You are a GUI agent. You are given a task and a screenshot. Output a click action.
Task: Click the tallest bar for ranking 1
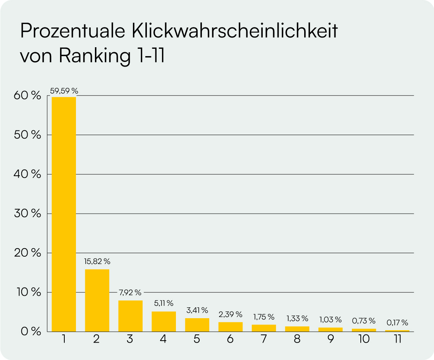point(64,214)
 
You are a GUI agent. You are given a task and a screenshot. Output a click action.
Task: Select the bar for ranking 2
point(97,300)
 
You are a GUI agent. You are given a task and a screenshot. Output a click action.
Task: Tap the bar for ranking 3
point(130,316)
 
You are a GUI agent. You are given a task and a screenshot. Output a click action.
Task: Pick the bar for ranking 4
point(164,322)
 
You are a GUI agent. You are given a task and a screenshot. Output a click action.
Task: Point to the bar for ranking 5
point(197,325)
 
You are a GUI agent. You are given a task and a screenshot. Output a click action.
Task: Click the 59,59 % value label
point(64,91)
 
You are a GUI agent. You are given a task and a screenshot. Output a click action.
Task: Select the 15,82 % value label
point(97,261)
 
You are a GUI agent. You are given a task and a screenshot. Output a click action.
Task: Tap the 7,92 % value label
point(130,292)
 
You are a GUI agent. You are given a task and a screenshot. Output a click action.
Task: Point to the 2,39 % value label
point(230,314)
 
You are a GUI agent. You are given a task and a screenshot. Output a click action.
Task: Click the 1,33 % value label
point(297,319)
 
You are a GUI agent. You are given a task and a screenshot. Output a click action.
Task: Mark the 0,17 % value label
point(397,323)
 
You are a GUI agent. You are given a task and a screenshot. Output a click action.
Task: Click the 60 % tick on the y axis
point(28,96)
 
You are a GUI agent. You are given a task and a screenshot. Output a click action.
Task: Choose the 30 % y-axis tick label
point(28,213)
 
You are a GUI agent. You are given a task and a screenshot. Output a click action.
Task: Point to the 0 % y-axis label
point(31,331)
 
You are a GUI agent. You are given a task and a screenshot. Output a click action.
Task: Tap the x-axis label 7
point(264,339)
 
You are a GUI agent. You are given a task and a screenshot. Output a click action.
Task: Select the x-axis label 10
point(364,339)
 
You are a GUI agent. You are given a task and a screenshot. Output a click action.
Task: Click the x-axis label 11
point(398,339)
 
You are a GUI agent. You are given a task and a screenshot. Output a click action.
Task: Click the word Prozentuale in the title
point(73,31)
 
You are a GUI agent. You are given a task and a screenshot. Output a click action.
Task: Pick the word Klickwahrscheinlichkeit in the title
point(234,31)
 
